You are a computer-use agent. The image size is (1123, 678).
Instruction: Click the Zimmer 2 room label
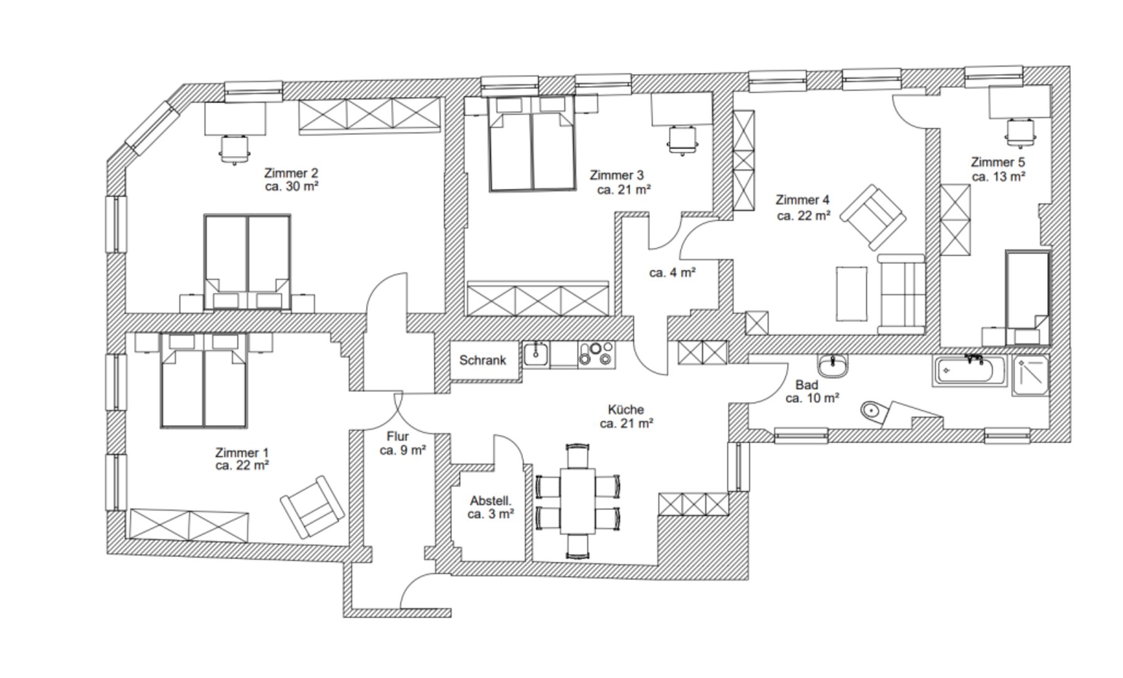[x=291, y=173]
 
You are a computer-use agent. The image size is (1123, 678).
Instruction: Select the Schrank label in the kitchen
[x=483, y=360]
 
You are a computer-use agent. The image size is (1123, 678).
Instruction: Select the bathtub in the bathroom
[x=969, y=371]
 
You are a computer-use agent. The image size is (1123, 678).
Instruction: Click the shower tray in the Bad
[x=1029, y=375]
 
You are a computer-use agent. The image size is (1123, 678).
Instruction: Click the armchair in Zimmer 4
[x=873, y=217]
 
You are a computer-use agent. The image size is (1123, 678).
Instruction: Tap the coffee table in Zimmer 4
[x=852, y=293]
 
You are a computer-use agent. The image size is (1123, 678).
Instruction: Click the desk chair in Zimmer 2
[x=235, y=149]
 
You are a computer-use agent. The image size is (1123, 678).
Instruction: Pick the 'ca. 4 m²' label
[x=672, y=273]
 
